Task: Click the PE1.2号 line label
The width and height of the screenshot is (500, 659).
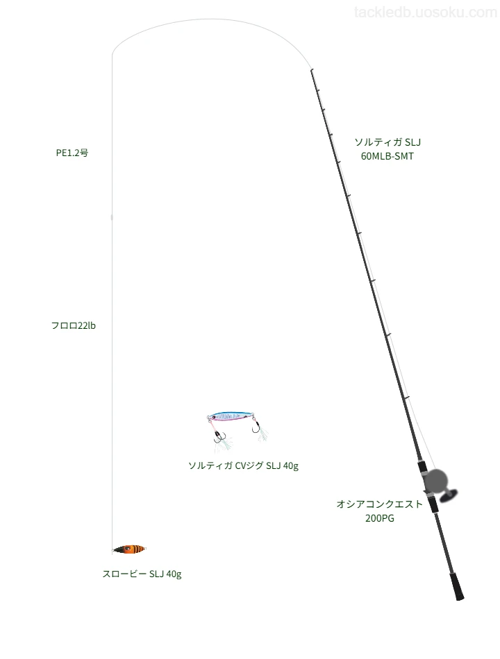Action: (x=72, y=153)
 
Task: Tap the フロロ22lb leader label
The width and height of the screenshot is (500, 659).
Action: (x=73, y=326)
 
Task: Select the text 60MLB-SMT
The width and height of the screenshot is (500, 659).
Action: (x=387, y=156)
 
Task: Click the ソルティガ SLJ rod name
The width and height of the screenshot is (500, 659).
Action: (x=387, y=142)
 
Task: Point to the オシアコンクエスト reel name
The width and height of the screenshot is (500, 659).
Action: (x=379, y=504)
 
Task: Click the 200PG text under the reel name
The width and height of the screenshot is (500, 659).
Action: (x=380, y=519)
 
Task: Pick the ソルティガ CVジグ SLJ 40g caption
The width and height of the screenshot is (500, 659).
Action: (x=243, y=465)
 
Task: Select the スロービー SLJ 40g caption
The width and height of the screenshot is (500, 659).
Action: (x=142, y=574)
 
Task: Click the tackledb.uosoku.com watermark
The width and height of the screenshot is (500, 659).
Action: (x=426, y=12)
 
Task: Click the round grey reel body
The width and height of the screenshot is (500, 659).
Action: (x=435, y=481)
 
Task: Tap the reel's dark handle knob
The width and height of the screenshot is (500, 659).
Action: (x=449, y=496)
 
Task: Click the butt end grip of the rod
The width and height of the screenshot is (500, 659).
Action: (x=457, y=586)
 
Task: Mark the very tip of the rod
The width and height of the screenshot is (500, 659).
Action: (x=311, y=69)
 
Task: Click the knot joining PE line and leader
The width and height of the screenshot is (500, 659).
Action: (x=112, y=217)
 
